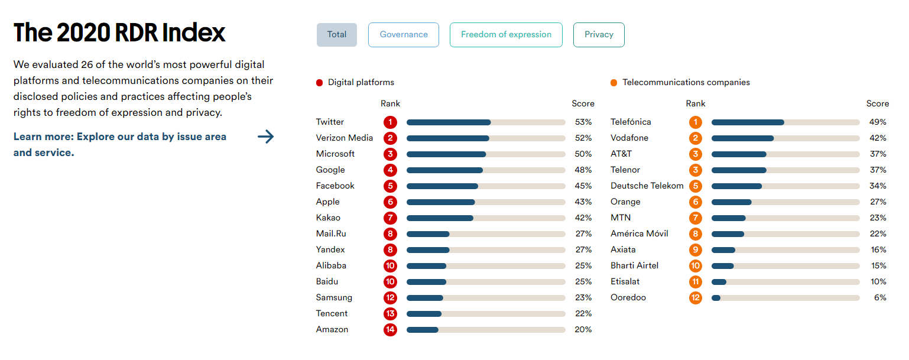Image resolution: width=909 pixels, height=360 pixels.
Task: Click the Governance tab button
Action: coord(404,35)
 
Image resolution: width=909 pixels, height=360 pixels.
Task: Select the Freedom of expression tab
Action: coord(506,35)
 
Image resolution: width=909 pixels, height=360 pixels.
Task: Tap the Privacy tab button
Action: coord(599,35)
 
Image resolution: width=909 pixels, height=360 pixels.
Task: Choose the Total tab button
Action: coord(337,35)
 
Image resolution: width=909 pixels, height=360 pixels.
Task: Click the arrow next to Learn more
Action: coord(266,137)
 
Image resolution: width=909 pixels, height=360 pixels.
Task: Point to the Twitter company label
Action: coord(330,122)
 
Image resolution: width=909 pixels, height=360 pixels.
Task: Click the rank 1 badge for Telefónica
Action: coord(696,122)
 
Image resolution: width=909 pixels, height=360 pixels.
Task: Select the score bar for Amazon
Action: coord(486,330)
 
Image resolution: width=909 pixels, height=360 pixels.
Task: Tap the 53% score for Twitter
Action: coord(583,122)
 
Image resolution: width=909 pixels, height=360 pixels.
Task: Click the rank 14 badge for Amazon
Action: coord(390,330)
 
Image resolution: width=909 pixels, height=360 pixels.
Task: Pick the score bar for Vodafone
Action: coord(785,138)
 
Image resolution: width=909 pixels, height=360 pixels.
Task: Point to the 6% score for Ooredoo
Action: coord(880,298)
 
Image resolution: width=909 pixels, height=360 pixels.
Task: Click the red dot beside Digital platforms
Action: coord(320,83)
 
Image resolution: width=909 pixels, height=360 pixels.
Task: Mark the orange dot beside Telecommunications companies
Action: coord(614,83)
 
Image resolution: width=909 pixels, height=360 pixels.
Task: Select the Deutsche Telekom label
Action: coord(647,186)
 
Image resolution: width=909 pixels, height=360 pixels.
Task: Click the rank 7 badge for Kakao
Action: coord(390,218)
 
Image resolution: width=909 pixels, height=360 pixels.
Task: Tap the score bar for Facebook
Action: coord(486,186)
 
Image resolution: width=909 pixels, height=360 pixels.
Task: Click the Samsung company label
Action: coord(334,298)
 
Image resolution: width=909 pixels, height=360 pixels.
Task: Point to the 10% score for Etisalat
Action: coord(878,282)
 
